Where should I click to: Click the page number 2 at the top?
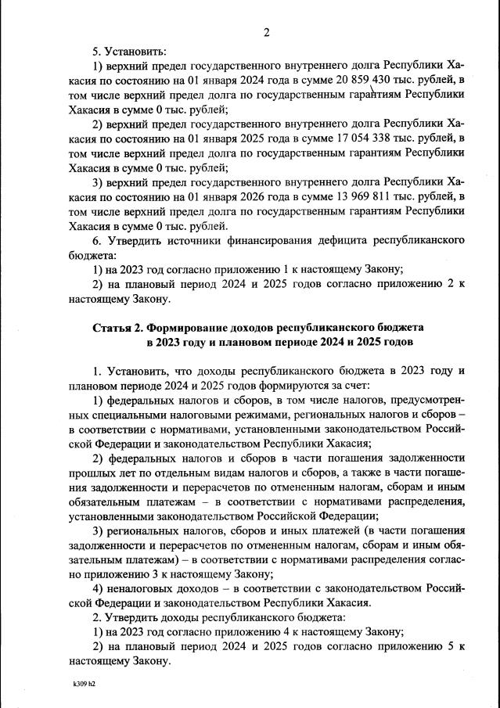coord(266,32)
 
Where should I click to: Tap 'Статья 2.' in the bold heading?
coord(120,326)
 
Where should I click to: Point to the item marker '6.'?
coord(97,240)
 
